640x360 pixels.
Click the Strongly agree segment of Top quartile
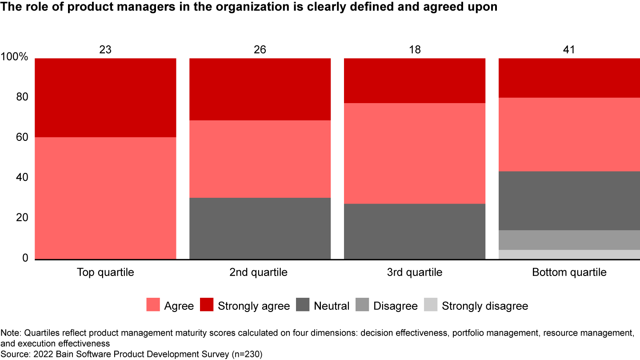point(105,97)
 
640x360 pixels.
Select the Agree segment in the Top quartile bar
point(105,198)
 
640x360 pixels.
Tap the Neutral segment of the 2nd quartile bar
point(260,228)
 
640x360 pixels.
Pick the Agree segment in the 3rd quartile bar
point(415,153)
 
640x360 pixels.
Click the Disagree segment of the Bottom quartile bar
point(569,240)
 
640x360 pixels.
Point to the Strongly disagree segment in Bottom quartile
point(569,254)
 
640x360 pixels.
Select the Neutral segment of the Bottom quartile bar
point(569,200)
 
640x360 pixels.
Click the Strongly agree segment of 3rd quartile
point(415,80)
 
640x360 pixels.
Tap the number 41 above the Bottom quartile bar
point(569,49)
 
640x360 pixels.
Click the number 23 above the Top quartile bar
point(105,49)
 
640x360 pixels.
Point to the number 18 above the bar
point(415,49)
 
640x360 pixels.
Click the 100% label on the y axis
point(15,57)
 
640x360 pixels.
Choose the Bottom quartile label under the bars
point(569,272)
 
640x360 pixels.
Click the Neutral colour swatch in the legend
point(304,306)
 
